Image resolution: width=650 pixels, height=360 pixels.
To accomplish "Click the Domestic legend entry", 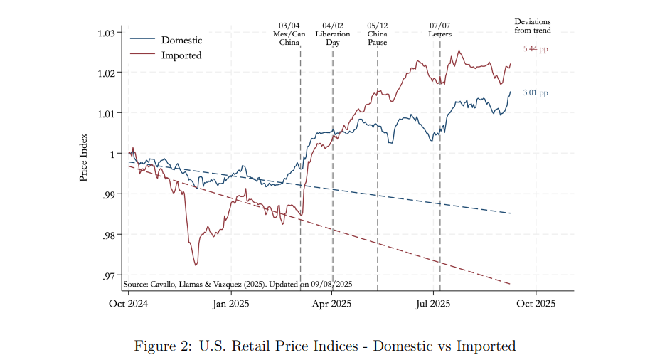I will [x=181, y=40].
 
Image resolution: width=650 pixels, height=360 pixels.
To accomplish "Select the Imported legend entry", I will [x=181, y=55].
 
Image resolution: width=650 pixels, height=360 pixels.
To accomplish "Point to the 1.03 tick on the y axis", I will [x=105, y=33].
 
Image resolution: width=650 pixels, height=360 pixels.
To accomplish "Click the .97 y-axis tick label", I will [x=108, y=275].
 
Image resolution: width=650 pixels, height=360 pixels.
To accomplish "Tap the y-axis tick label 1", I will [x=112, y=154].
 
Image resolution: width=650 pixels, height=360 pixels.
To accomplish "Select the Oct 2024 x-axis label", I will [x=129, y=303].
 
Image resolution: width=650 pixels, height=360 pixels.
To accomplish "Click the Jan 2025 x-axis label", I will [x=230, y=303].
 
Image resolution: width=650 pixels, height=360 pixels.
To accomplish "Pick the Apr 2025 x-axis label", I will [x=332, y=303].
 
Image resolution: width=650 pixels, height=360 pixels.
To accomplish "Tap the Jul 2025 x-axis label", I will [x=433, y=303].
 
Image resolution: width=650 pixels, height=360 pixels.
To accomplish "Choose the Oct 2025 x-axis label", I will [x=535, y=303].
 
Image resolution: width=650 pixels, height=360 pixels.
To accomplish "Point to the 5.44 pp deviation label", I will [x=536, y=49].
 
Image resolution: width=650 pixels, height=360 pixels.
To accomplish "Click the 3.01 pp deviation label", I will [x=536, y=92].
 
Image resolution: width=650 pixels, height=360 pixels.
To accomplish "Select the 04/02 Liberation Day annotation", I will [x=332, y=33].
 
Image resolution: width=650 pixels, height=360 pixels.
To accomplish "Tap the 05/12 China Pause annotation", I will [x=377, y=33].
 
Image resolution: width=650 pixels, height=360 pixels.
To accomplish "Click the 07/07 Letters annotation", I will [x=439, y=29].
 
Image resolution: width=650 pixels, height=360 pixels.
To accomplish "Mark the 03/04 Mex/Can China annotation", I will [x=290, y=33].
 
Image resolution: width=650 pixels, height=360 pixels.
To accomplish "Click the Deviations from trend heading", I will [x=533, y=26].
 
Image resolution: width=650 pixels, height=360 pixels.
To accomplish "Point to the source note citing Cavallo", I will [x=238, y=284].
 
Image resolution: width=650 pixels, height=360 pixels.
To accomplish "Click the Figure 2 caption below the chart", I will [x=324, y=346].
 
